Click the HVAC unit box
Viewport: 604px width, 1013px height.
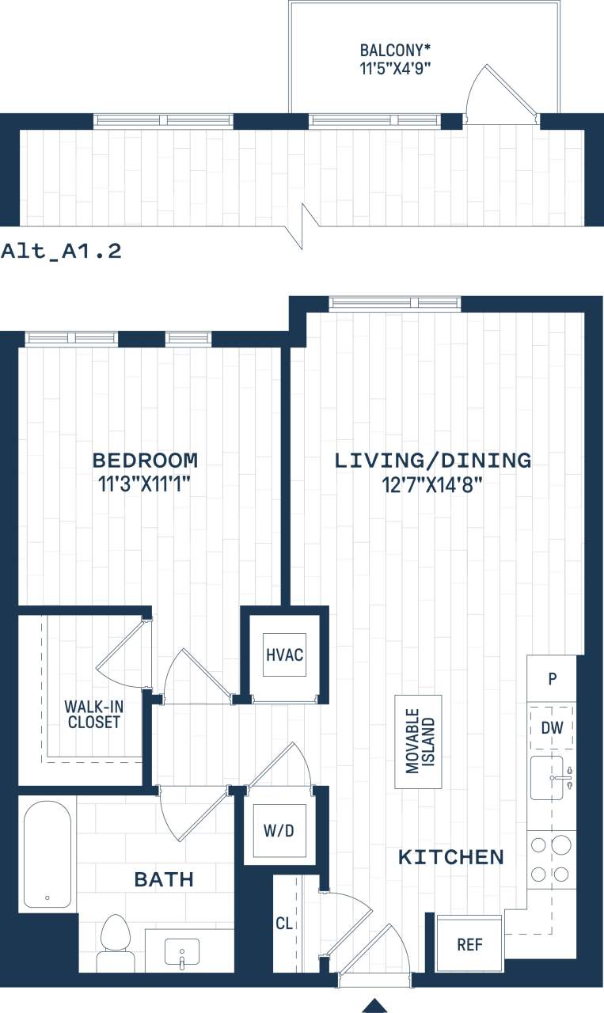[x=284, y=655]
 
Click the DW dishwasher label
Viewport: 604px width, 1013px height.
[x=552, y=727]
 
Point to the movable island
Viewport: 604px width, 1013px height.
[x=419, y=742]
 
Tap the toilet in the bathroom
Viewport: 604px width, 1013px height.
[x=116, y=941]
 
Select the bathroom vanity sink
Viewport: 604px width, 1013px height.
[x=181, y=951]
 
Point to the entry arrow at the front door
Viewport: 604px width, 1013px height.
[x=376, y=1005]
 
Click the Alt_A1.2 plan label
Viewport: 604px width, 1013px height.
[x=61, y=252]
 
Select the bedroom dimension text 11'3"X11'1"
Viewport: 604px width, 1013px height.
[x=144, y=484]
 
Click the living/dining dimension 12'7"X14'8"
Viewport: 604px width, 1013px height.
[x=432, y=484]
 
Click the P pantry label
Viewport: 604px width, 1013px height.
[x=552, y=679]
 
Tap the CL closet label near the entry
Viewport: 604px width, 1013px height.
[x=283, y=923]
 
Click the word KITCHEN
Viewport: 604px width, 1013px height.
[x=450, y=856]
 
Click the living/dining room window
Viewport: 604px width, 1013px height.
[x=395, y=303]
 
